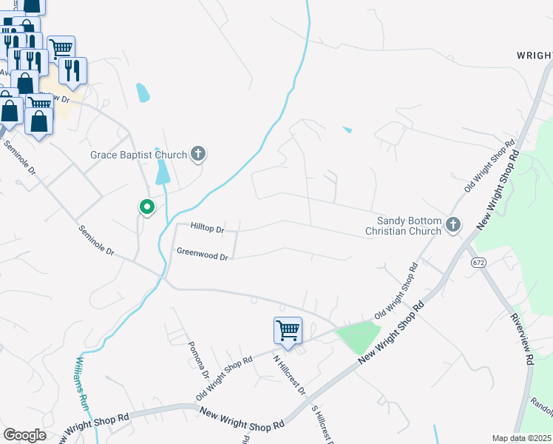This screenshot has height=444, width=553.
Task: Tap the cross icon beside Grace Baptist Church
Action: pos(197,154)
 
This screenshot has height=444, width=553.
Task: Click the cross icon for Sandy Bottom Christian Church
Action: pos(453,223)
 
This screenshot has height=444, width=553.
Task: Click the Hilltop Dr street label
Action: pos(206,229)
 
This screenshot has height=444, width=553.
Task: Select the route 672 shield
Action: pos(479,263)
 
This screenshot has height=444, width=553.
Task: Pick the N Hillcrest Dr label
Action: pos(289,376)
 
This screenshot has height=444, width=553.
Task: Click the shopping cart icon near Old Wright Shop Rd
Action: pos(288,329)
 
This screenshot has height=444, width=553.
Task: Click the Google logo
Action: pos(24,435)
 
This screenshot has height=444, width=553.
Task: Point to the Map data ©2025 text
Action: pos(521,438)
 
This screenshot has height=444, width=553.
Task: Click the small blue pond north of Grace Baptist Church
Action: pos(143,92)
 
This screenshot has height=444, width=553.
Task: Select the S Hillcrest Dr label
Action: pos(320,425)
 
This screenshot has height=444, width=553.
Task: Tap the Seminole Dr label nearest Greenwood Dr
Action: pos(97,240)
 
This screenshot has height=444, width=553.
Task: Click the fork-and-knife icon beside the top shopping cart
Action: pos(72,70)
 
